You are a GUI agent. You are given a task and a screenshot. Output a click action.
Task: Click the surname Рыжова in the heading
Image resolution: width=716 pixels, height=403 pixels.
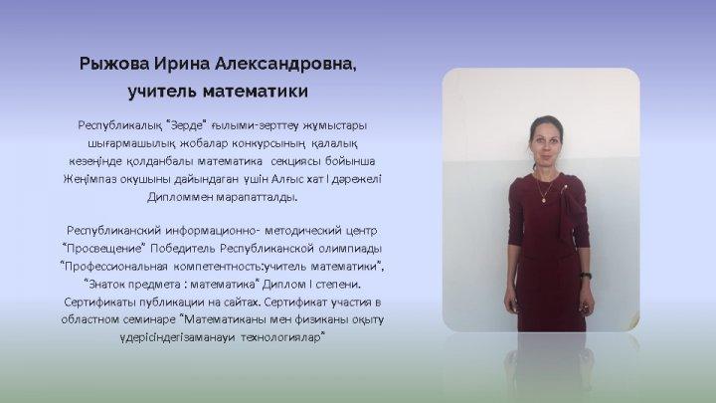coord(114,64)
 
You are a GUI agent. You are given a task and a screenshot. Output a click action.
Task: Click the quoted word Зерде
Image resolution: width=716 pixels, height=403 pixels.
coord(187,124)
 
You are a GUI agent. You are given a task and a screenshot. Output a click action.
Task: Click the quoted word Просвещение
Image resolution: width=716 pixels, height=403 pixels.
coord(104,249)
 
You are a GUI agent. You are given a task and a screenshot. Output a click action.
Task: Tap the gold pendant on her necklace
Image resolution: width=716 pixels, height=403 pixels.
coord(543,199)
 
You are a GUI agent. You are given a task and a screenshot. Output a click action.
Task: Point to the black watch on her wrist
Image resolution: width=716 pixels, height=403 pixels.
coord(586,276)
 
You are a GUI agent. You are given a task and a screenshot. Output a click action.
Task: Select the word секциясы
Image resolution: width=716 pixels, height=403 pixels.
coord(296,161)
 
